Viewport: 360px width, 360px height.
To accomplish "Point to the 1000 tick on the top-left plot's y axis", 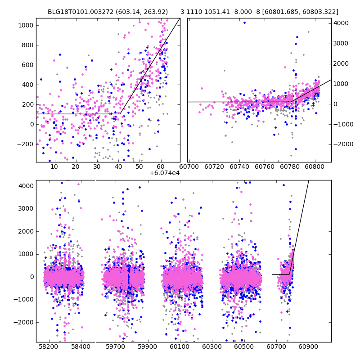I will pyautogui.click(x=27, y=25).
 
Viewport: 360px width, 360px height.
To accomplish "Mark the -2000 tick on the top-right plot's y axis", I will pyautogui.click(x=342, y=144).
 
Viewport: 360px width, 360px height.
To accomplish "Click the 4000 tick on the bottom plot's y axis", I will pyautogui.click(x=27, y=186).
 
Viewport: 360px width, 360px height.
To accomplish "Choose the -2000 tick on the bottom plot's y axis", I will pyautogui.click(x=25, y=322).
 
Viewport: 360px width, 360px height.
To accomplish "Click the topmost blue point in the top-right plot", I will pyautogui.click(x=244, y=22).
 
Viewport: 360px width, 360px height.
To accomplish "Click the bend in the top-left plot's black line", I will pyautogui.click(x=120, y=114).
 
